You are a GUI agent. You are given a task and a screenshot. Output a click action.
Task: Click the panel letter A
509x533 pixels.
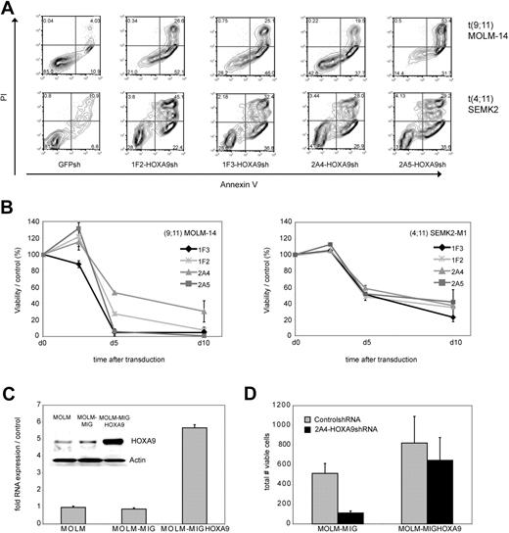click(8, 8)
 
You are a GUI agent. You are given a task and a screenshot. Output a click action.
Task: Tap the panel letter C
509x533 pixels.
click(8, 373)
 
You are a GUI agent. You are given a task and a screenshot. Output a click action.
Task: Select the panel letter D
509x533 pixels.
click(264, 373)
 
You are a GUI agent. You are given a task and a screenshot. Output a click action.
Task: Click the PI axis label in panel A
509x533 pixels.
click(8, 97)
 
